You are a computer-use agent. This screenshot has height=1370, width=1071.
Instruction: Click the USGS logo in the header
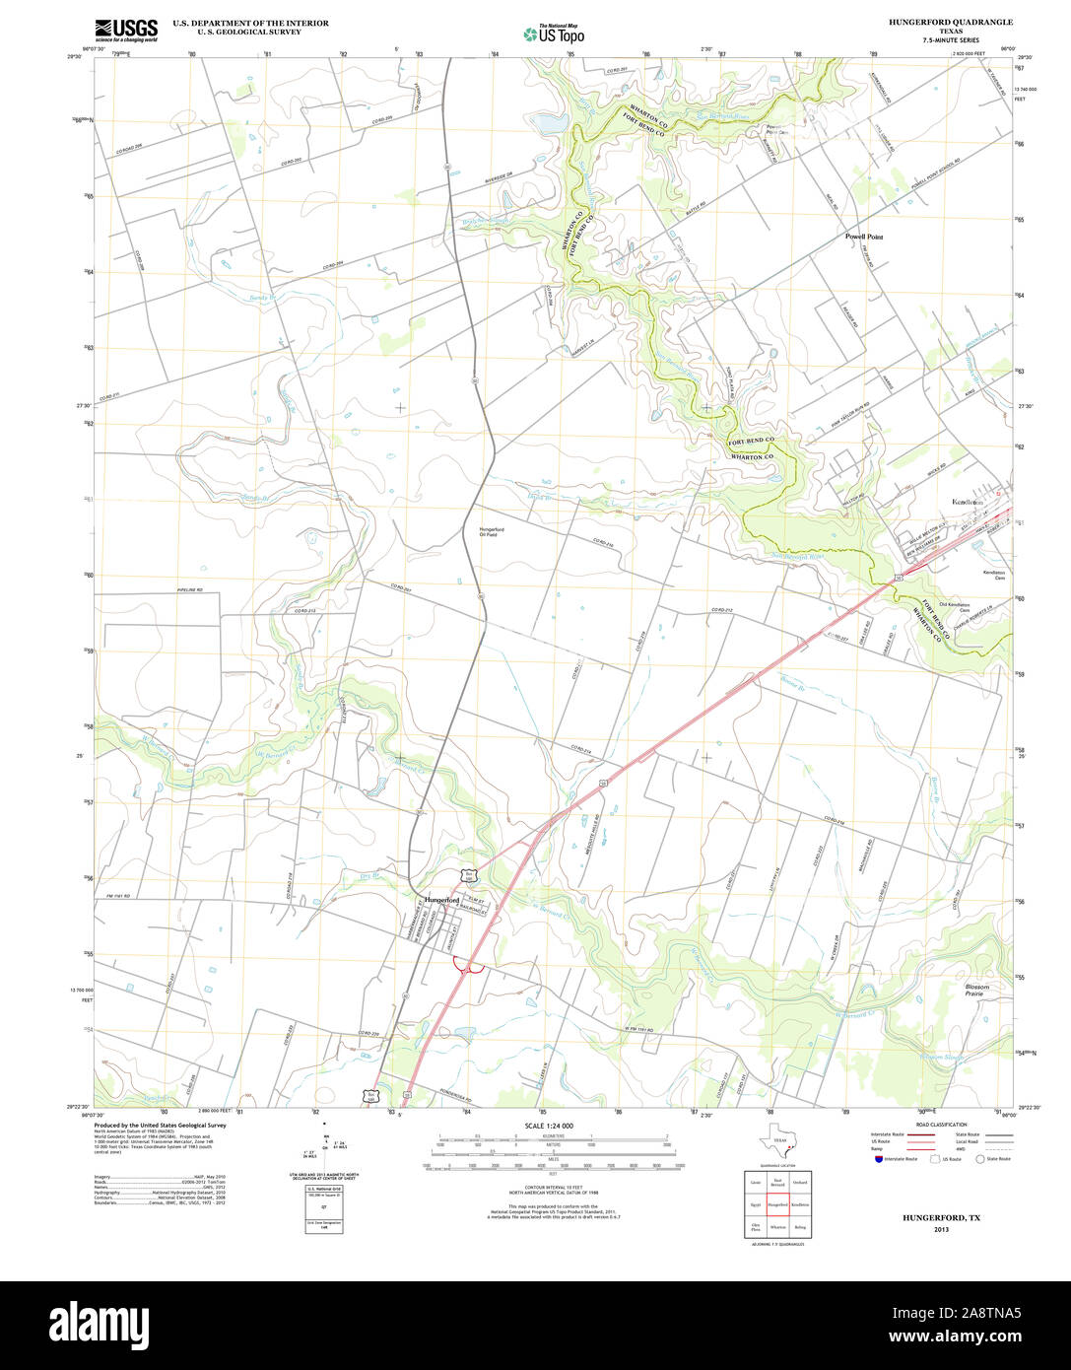(126, 29)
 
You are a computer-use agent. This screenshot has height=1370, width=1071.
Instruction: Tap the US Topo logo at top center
(554, 34)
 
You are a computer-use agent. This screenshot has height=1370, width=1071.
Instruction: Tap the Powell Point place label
(864, 237)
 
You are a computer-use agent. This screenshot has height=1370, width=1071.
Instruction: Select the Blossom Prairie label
(973, 990)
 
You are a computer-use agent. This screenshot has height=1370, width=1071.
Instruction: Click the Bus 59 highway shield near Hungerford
(470, 875)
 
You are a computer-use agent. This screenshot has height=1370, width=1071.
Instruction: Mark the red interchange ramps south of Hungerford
(467, 970)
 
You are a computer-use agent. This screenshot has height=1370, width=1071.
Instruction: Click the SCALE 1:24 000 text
(549, 1126)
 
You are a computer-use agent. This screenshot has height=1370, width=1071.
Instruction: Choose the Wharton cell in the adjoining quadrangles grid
(777, 1227)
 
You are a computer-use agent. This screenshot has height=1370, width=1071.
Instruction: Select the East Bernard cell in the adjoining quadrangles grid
(777, 1181)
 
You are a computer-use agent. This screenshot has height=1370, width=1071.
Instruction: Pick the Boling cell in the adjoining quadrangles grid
(800, 1227)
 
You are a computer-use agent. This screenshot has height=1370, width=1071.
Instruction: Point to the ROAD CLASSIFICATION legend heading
(940, 1125)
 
